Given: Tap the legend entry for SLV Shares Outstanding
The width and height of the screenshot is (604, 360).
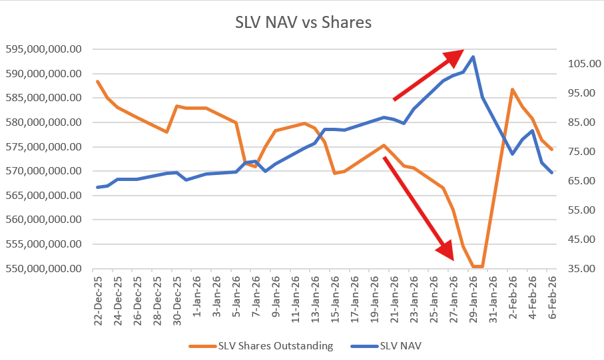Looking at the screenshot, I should (x=274, y=345).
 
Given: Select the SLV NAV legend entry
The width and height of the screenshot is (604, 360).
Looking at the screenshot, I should (x=402, y=345).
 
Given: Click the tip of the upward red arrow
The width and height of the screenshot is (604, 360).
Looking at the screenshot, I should (x=463, y=51).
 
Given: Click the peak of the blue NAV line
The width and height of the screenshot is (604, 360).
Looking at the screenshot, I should (x=473, y=57).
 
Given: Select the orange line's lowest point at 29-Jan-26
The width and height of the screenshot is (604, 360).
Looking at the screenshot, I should (x=473, y=267).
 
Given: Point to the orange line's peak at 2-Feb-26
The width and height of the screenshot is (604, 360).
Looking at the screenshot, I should (x=512, y=89).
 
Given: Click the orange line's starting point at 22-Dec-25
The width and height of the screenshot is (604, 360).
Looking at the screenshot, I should (x=98, y=81).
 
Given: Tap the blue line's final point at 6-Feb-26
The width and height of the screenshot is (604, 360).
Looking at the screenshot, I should (x=551, y=173).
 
